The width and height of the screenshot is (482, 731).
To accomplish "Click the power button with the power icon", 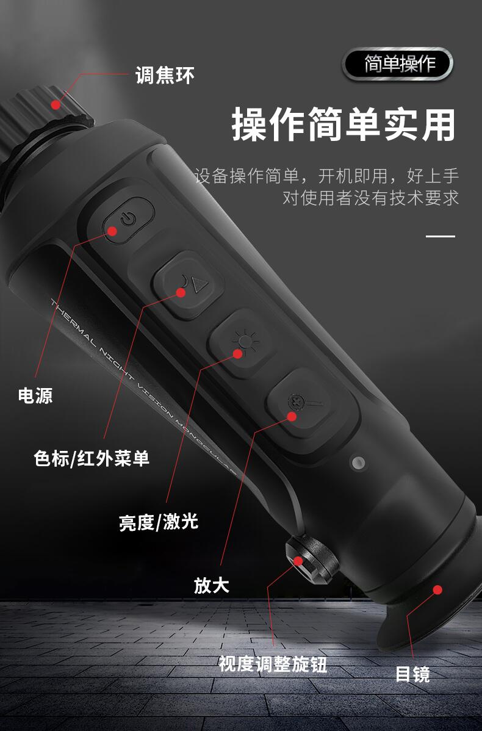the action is pos(128,220).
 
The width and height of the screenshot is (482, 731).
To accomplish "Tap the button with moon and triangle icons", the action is pos(187,285).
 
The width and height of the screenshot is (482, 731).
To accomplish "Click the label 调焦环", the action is pos(165,75).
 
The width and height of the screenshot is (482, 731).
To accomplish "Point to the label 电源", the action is pos(35,395).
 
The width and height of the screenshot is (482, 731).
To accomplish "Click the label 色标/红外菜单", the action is pos(92,458).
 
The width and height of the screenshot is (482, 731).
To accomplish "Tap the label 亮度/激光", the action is pos(159,522).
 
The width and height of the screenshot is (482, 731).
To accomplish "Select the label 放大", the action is pos(212,585).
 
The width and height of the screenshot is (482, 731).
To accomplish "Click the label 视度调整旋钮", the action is pos(273,663).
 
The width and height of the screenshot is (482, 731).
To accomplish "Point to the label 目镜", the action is pos(412,674).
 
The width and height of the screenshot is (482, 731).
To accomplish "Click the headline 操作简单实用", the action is pos(344,124).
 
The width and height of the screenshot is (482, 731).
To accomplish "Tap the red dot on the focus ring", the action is pos(56,105).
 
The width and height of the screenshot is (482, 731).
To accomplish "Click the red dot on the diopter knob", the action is pos(298,561).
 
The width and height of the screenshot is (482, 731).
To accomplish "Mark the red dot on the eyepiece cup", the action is pos(437,589).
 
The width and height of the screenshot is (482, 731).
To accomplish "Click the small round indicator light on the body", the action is pos(358,463).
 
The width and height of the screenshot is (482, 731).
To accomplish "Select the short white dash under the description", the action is pos(441,236).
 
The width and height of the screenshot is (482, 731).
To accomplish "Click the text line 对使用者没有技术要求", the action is pos(371,198).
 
